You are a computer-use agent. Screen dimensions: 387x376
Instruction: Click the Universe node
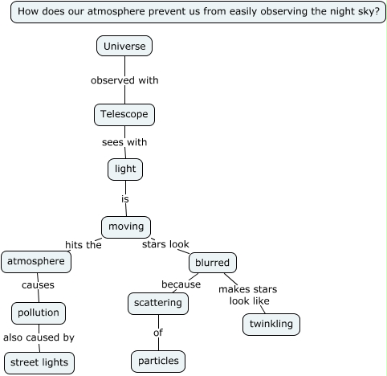click(x=124, y=46)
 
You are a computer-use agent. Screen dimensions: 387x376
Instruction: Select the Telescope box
click(x=124, y=115)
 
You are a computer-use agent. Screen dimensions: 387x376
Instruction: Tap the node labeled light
click(x=125, y=170)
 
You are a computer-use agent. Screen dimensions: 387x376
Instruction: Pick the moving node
click(x=126, y=227)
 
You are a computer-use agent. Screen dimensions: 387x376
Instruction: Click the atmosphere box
click(x=36, y=262)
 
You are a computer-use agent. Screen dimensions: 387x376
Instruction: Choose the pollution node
click(x=39, y=313)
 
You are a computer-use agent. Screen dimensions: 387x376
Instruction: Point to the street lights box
click(x=39, y=363)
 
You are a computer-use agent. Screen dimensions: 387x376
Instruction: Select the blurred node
click(x=213, y=263)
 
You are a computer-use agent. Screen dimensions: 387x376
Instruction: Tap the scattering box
click(x=158, y=304)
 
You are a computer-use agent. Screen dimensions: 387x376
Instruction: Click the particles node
click(x=158, y=362)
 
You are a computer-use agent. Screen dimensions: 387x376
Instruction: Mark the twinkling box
click(x=271, y=325)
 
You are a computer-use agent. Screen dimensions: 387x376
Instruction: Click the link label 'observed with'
click(x=124, y=80)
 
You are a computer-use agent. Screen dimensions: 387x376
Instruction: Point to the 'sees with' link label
click(x=124, y=142)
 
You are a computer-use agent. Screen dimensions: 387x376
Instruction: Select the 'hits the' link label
click(x=84, y=245)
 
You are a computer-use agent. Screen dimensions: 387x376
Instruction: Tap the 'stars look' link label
click(x=165, y=244)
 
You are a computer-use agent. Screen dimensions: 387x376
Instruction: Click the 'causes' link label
click(x=38, y=285)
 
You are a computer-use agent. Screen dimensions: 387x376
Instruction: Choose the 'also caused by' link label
click(x=39, y=337)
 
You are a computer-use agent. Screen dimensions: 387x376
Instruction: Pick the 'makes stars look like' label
click(x=248, y=295)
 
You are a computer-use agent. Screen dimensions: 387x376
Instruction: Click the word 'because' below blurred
click(x=181, y=284)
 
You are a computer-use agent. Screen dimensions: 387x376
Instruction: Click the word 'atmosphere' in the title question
click(x=116, y=11)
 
